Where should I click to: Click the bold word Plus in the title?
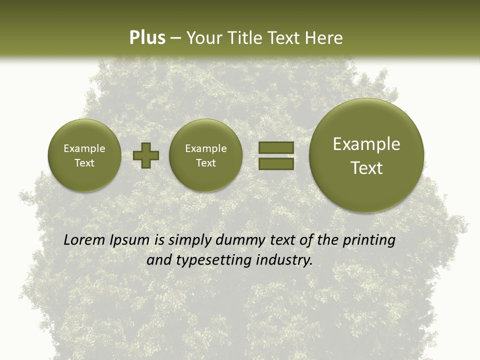147,38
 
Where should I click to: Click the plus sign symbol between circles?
146,155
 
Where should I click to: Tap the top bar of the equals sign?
275,147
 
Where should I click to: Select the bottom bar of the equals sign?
275,164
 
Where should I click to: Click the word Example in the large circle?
366,144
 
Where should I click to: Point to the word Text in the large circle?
366,168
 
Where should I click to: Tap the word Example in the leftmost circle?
84,148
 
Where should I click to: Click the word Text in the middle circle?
205,163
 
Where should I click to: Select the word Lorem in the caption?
84,240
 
